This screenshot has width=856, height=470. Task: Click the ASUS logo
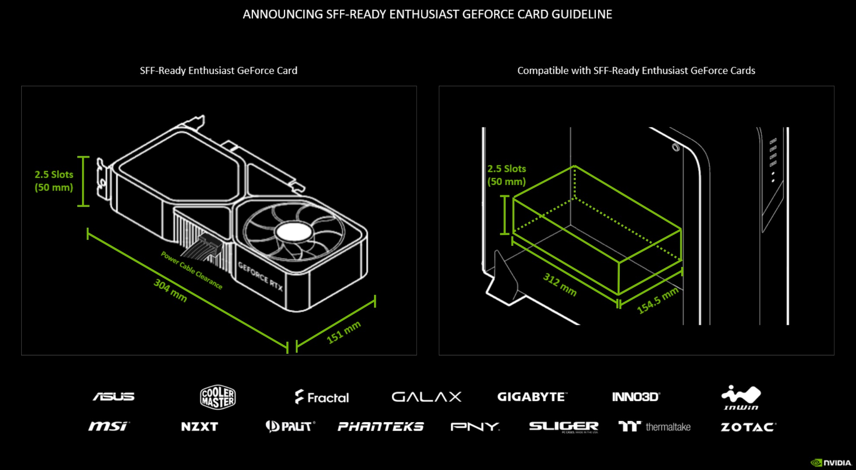click(x=114, y=397)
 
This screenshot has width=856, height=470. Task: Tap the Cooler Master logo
click(x=218, y=397)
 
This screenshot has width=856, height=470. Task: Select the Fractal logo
click(x=322, y=397)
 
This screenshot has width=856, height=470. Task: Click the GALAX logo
click(x=426, y=397)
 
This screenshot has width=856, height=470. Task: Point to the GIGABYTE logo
click(x=532, y=397)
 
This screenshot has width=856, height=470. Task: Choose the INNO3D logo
click(x=636, y=397)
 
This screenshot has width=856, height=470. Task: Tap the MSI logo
click(x=108, y=426)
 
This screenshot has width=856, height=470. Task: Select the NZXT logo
click(x=200, y=427)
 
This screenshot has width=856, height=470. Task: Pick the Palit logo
click(x=290, y=426)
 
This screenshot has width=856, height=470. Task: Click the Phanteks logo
click(x=380, y=427)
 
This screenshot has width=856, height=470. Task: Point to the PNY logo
click(x=475, y=427)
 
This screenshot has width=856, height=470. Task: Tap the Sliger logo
click(x=564, y=427)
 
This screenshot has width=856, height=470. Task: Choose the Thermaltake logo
click(x=654, y=427)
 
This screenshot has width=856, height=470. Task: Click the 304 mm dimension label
click(x=170, y=290)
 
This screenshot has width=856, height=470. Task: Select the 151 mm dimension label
click(x=343, y=332)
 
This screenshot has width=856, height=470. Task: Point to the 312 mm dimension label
click(x=560, y=284)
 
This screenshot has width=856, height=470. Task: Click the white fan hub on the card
click(x=294, y=232)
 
